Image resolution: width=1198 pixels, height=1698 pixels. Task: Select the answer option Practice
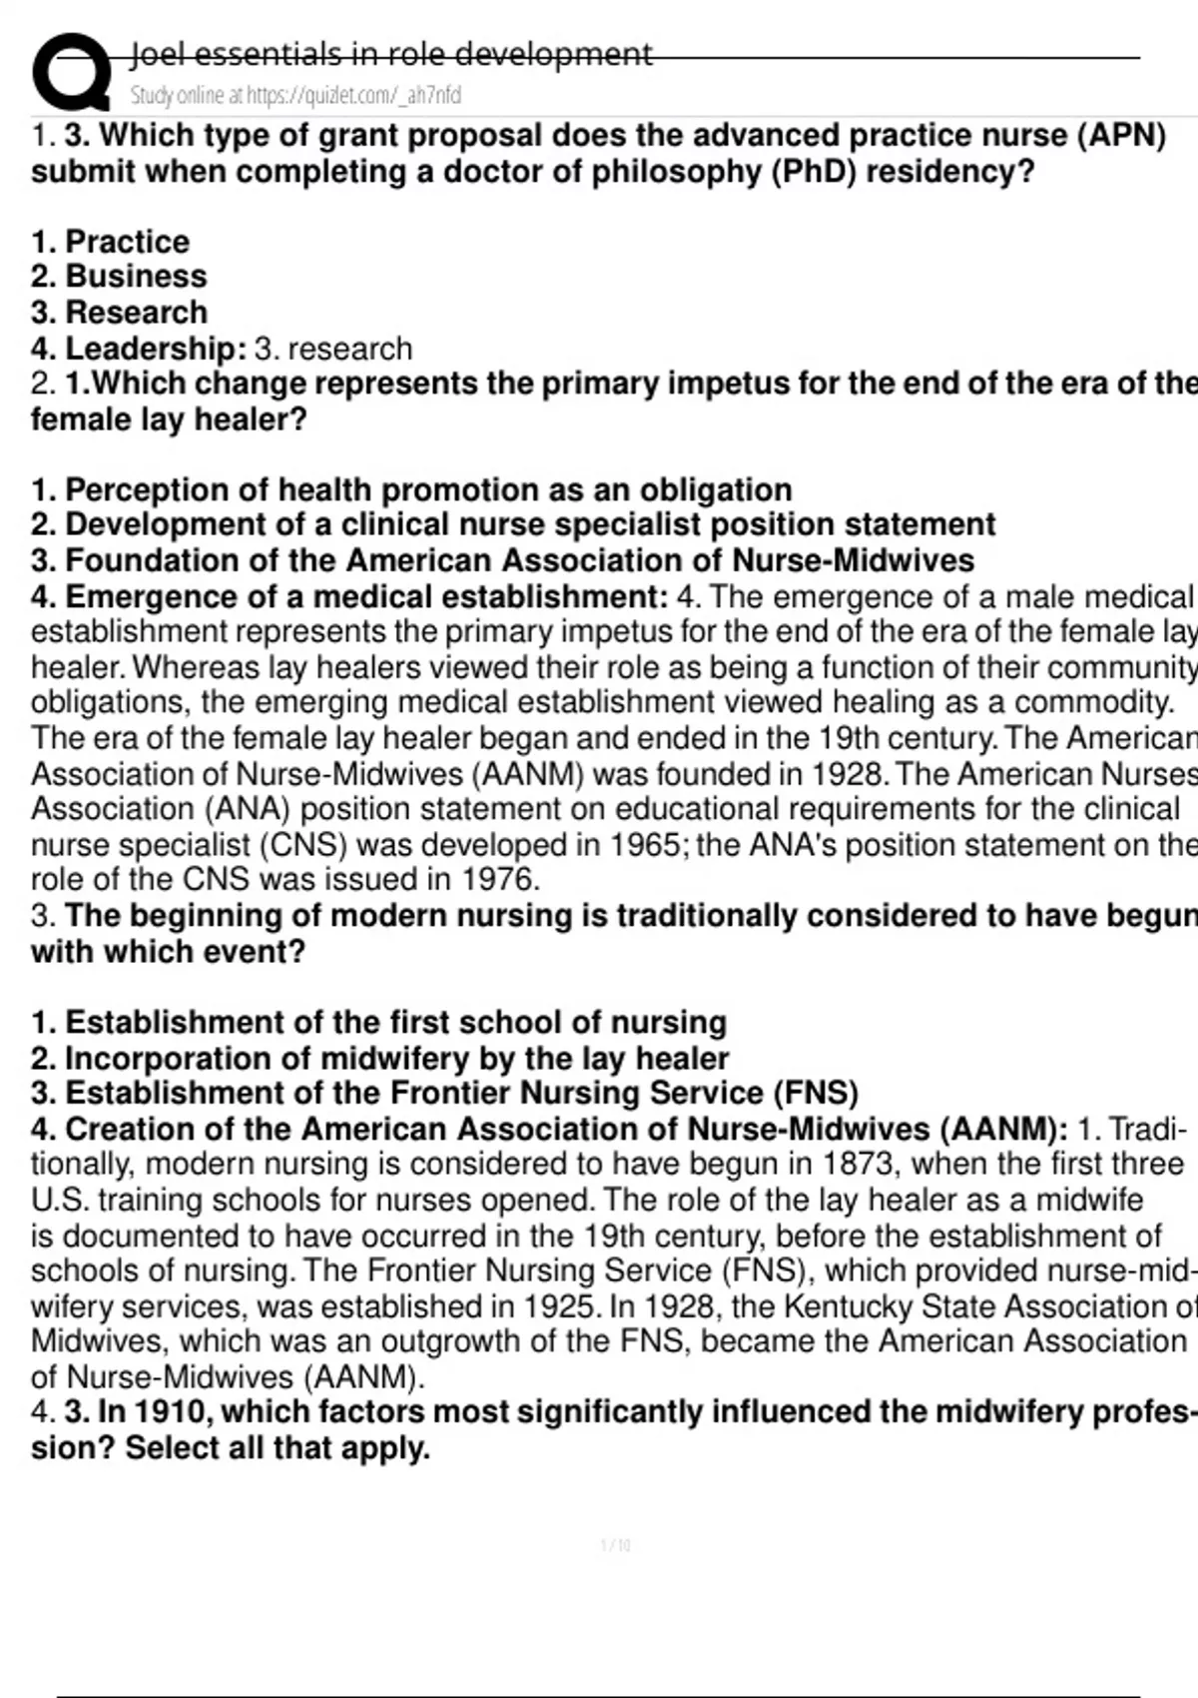127,242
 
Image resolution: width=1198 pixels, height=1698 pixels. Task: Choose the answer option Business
136,277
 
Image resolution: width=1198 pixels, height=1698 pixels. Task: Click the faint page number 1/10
615,1546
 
